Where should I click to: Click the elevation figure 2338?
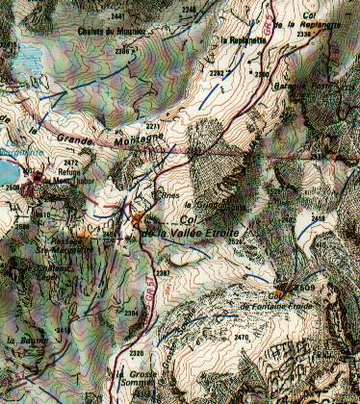[x=304, y=34]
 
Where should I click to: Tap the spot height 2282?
[x=217, y=72]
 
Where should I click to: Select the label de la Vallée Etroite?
[x=191, y=236]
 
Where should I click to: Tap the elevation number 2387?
[x=163, y=273]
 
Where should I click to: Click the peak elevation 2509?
[x=306, y=288]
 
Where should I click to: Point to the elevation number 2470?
[x=242, y=338]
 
